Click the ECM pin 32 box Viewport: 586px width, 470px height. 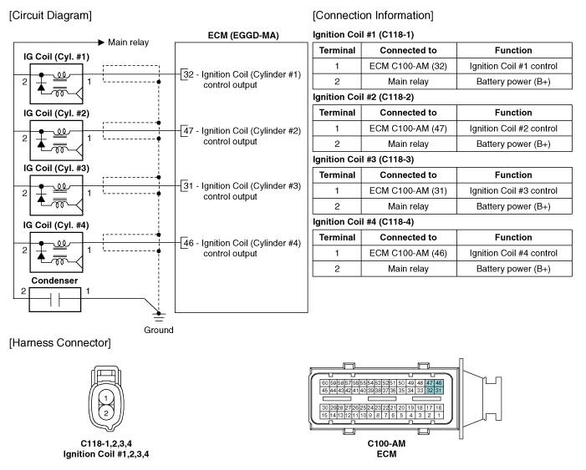pyautogui.click(x=187, y=74)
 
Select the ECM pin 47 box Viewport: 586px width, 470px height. pyautogui.click(x=187, y=130)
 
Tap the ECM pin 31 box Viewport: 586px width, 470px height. pyautogui.click(x=187, y=185)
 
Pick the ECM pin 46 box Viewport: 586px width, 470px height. pyautogui.click(x=187, y=243)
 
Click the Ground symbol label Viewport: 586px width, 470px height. pyautogui.click(x=158, y=330)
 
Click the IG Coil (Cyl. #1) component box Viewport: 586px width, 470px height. pyautogui.click(x=56, y=83)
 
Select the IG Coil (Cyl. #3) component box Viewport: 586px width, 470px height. pyautogui.click(x=56, y=194)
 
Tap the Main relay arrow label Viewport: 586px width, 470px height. pyautogui.click(x=127, y=41)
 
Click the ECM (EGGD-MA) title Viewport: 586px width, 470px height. pyautogui.click(x=242, y=35)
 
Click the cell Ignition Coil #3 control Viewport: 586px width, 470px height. pyautogui.click(x=513, y=190)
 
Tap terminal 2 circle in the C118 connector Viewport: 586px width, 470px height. pyautogui.click(x=106, y=413)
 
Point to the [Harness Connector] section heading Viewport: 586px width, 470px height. pyautogui.click(x=59, y=344)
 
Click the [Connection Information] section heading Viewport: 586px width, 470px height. pyautogui.click(x=373, y=16)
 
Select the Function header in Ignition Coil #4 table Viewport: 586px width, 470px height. pyautogui.click(x=513, y=237)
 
